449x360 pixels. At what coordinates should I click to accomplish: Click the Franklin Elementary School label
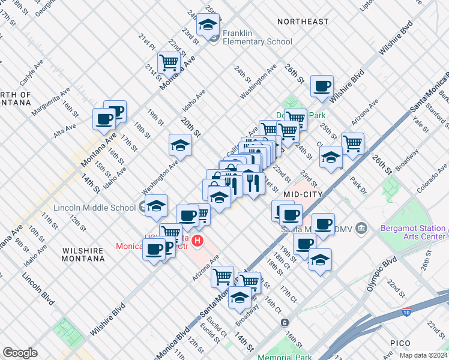coord(257,37)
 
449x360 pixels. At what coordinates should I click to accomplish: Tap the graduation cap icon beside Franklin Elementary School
coord(208,25)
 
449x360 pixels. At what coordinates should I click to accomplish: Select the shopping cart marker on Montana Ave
coord(169,62)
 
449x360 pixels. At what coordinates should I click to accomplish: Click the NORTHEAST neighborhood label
coord(303,22)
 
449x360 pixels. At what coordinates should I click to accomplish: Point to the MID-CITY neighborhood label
coord(303,194)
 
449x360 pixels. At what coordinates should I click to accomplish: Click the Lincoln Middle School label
coord(94,208)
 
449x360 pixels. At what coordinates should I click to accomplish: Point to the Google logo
coord(20,352)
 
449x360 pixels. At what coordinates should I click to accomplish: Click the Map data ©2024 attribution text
coord(423,355)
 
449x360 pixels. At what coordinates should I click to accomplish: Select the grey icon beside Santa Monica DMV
coord(361,228)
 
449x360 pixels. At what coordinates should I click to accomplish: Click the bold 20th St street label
coord(188,128)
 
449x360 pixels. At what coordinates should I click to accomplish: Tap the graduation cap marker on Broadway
coord(240,298)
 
